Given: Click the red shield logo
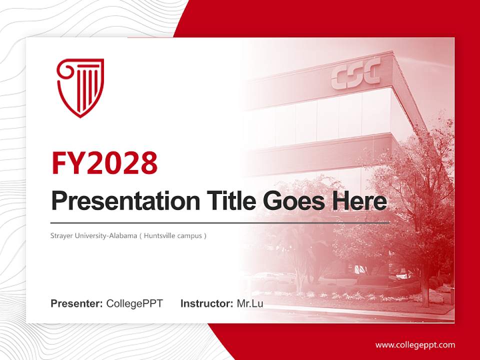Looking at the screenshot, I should coord(80,87).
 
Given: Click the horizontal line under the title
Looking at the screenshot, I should coord(220,222).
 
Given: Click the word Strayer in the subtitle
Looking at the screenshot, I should coord(61,235).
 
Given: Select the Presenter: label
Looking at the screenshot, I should coord(77,303).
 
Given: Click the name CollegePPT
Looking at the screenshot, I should coord(134,303).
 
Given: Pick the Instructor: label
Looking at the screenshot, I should coord(206,303).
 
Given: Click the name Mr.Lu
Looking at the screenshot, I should coord(250,303).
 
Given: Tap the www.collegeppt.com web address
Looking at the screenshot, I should coord(415,345).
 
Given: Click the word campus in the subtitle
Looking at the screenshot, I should coord(190,235).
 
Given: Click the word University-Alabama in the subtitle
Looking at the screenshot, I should coord(105,235).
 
